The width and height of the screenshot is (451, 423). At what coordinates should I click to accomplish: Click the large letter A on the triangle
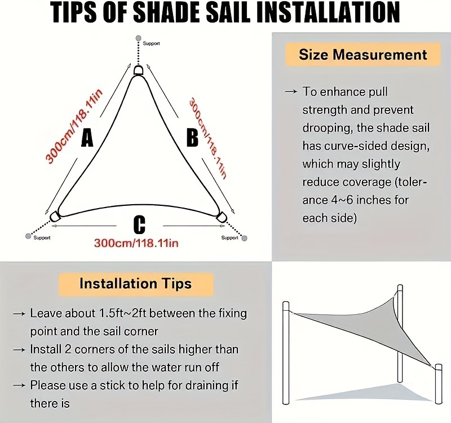pyautogui.click(x=87, y=138)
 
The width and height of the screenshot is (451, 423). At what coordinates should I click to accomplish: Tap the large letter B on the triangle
pyautogui.click(x=192, y=138)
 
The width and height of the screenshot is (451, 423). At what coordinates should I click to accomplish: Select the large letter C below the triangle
pyautogui.click(x=139, y=224)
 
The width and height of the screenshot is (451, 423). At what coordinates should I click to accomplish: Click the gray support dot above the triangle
pyautogui.click(x=138, y=38)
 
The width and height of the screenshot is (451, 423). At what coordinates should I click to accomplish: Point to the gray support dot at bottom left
pyautogui.click(x=28, y=236)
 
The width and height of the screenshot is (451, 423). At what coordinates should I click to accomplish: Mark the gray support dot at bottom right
pyautogui.click(x=245, y=238)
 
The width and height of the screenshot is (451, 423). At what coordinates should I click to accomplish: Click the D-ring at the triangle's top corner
pyautogui.click(x=139, y=70)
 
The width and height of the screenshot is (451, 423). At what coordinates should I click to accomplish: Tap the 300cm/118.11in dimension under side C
pyautogui.click(x=136, y=243)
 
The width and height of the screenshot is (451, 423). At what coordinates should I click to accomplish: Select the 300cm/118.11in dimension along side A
pyautogui.click(x=74, y=126)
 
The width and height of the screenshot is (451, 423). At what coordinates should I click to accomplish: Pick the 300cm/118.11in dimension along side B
pyautogui.click(x=208, y=138)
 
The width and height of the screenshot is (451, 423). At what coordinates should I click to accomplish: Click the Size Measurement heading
pyautogui.click(x=363, y=55)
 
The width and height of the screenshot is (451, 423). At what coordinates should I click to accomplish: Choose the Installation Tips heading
pyautogui.click(x=136, y=284)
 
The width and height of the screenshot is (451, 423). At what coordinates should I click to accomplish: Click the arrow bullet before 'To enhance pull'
pyautogui.click(x=291, y=92)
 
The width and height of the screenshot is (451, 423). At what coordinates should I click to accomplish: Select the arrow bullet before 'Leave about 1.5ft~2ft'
pyautogui.click(x=19, y=314)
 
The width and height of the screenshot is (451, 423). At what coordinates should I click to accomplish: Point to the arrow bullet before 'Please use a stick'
pyautogui.click(x=19, y=385)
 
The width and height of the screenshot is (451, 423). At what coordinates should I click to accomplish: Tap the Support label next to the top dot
pyautogui.click(x=151, y=43)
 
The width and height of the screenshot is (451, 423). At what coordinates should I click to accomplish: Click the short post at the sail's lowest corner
pyautogui.click(x=439, y=384)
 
